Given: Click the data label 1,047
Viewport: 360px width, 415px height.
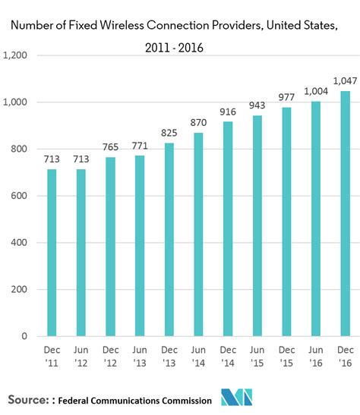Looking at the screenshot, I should [346, 80].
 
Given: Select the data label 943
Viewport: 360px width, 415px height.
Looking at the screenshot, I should [257, 104].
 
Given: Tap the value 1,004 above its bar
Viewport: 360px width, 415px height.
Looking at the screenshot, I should [316, 90].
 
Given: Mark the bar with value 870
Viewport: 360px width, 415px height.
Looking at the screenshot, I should [198, 234].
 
